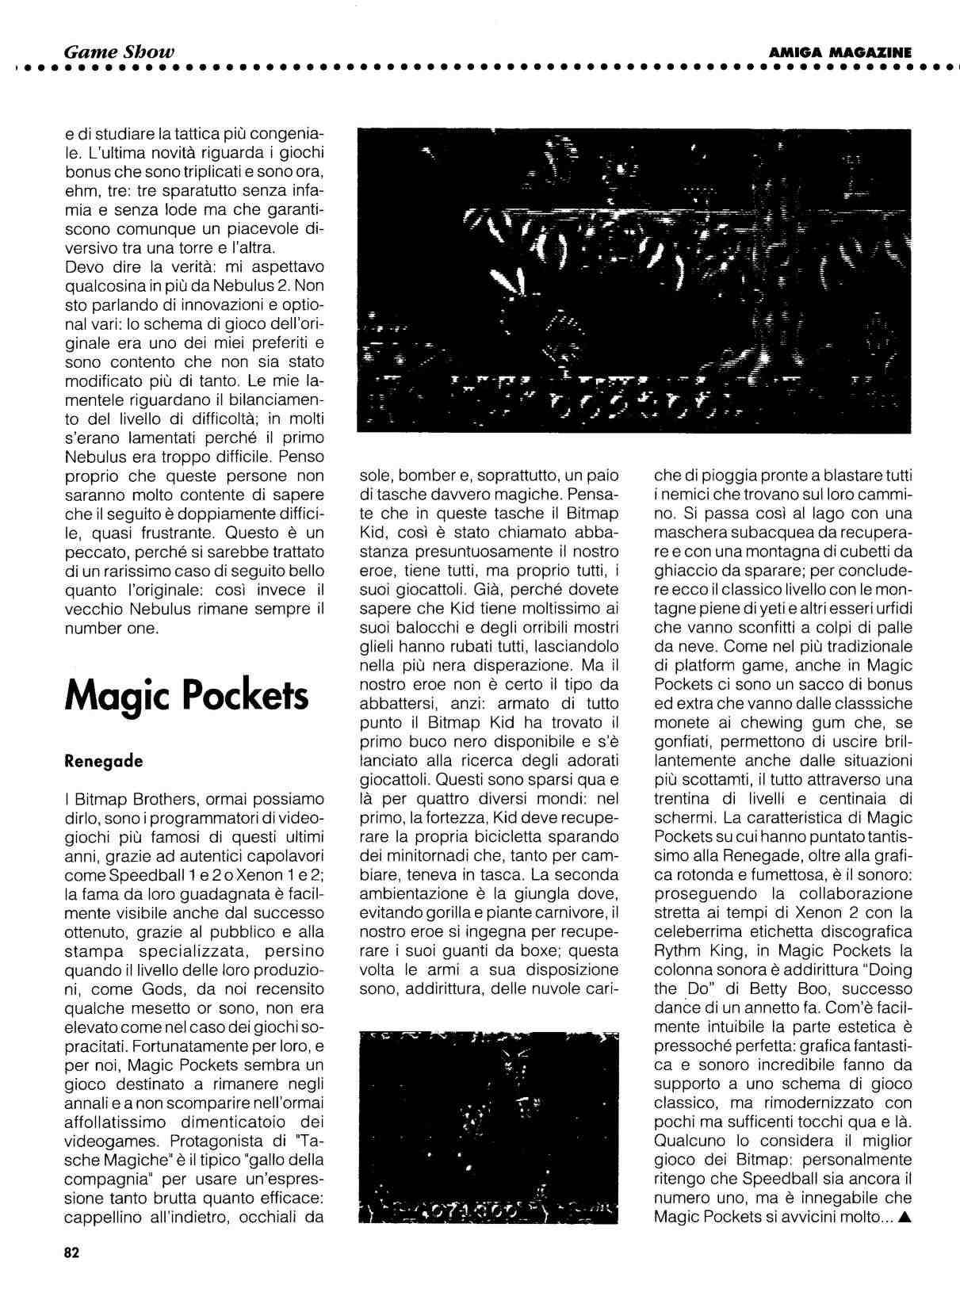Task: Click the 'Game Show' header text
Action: point(119,52)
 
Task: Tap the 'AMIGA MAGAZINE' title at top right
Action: point(840,52)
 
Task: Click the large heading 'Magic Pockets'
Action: point(186,695)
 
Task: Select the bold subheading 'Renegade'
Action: point(104,761)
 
